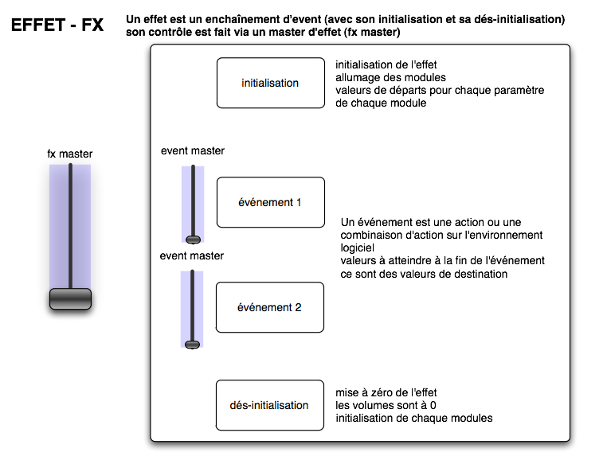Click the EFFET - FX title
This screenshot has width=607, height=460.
[57, 25]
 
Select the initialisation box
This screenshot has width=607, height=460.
[271, 83]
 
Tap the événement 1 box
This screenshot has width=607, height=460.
[271, 202]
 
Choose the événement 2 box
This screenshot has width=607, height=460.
[270, 307]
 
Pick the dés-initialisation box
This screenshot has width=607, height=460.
[270, 405]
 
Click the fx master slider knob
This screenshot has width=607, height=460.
[70, 298]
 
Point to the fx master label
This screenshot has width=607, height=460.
[70, 154]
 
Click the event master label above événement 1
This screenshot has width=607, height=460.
[193, 150]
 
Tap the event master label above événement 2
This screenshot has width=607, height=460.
[192, 255]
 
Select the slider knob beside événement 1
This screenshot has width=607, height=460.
[193, 240]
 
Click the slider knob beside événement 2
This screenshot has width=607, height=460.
[193, 345]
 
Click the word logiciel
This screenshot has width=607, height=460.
[358, 248]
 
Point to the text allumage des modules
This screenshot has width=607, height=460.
[390, 77]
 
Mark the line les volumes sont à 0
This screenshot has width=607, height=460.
[386, 405]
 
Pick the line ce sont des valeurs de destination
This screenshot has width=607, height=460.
[424, 274]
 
